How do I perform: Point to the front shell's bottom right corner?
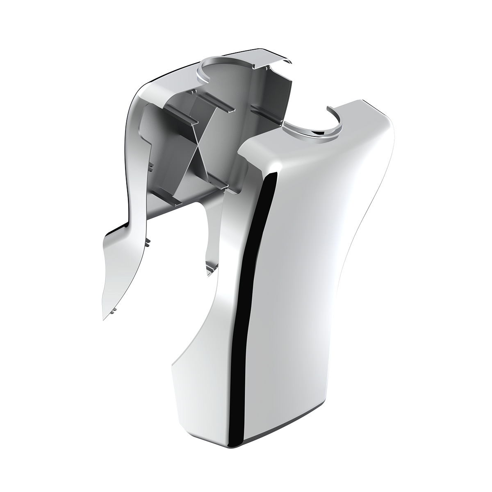[371, 426]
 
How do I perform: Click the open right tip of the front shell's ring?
[328, 107]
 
